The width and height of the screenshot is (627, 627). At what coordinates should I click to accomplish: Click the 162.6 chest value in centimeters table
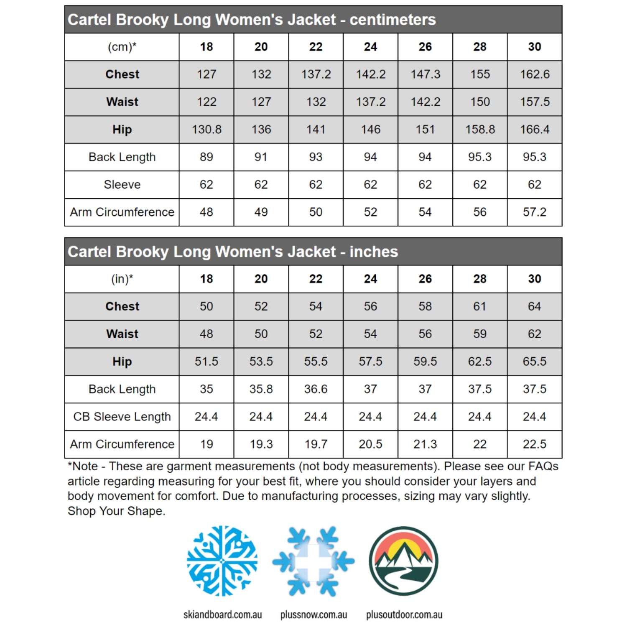tap(534, 74)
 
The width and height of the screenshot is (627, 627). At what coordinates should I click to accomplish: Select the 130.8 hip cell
tap(206, 130)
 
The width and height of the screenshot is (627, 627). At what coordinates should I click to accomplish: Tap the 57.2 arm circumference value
tap(534, 212)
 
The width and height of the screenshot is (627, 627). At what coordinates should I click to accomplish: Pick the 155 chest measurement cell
tap(480, 74)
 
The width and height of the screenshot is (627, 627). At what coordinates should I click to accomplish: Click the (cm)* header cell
tap(122, 47)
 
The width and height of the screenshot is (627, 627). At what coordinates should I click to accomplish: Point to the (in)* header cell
tap(122, 279)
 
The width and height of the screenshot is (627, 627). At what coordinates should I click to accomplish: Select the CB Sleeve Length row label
tap(122, 417)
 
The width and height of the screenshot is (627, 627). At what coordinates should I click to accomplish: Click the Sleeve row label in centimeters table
tap(122, 185)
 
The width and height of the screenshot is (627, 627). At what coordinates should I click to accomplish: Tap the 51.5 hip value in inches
tap(206, 362)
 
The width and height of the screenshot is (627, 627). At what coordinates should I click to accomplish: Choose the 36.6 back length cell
tap(316, 389)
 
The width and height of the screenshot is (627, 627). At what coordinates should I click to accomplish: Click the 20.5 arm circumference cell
tap(370, 444)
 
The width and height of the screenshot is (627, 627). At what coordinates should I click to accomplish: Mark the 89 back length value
tap(206, 157)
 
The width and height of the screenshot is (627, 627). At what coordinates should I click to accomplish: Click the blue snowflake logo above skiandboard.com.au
tap(222, 561)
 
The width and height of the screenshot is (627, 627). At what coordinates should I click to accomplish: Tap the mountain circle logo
tap(403, 561)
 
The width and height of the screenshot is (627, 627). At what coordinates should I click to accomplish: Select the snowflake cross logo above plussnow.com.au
tap(313, 561)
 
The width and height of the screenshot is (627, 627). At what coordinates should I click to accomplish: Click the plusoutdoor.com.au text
tap(404, 615)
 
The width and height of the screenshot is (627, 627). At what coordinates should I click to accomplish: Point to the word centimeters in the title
tap(393, 20)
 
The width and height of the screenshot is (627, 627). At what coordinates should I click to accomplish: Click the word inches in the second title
tap(374, 252)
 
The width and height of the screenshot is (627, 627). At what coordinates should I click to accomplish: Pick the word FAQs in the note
tap(543, 466)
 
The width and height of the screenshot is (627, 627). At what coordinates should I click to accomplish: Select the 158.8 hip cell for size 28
tap(480, 130)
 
